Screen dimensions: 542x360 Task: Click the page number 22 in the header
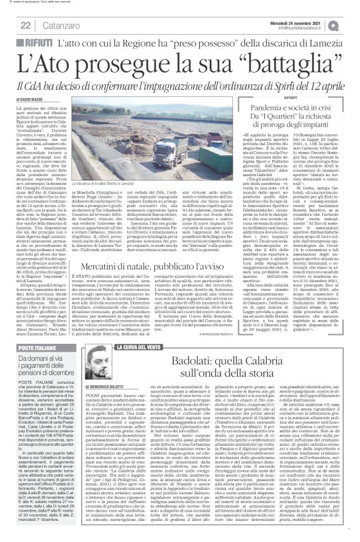point(25,25)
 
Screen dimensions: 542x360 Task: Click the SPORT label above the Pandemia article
point(258,99)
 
